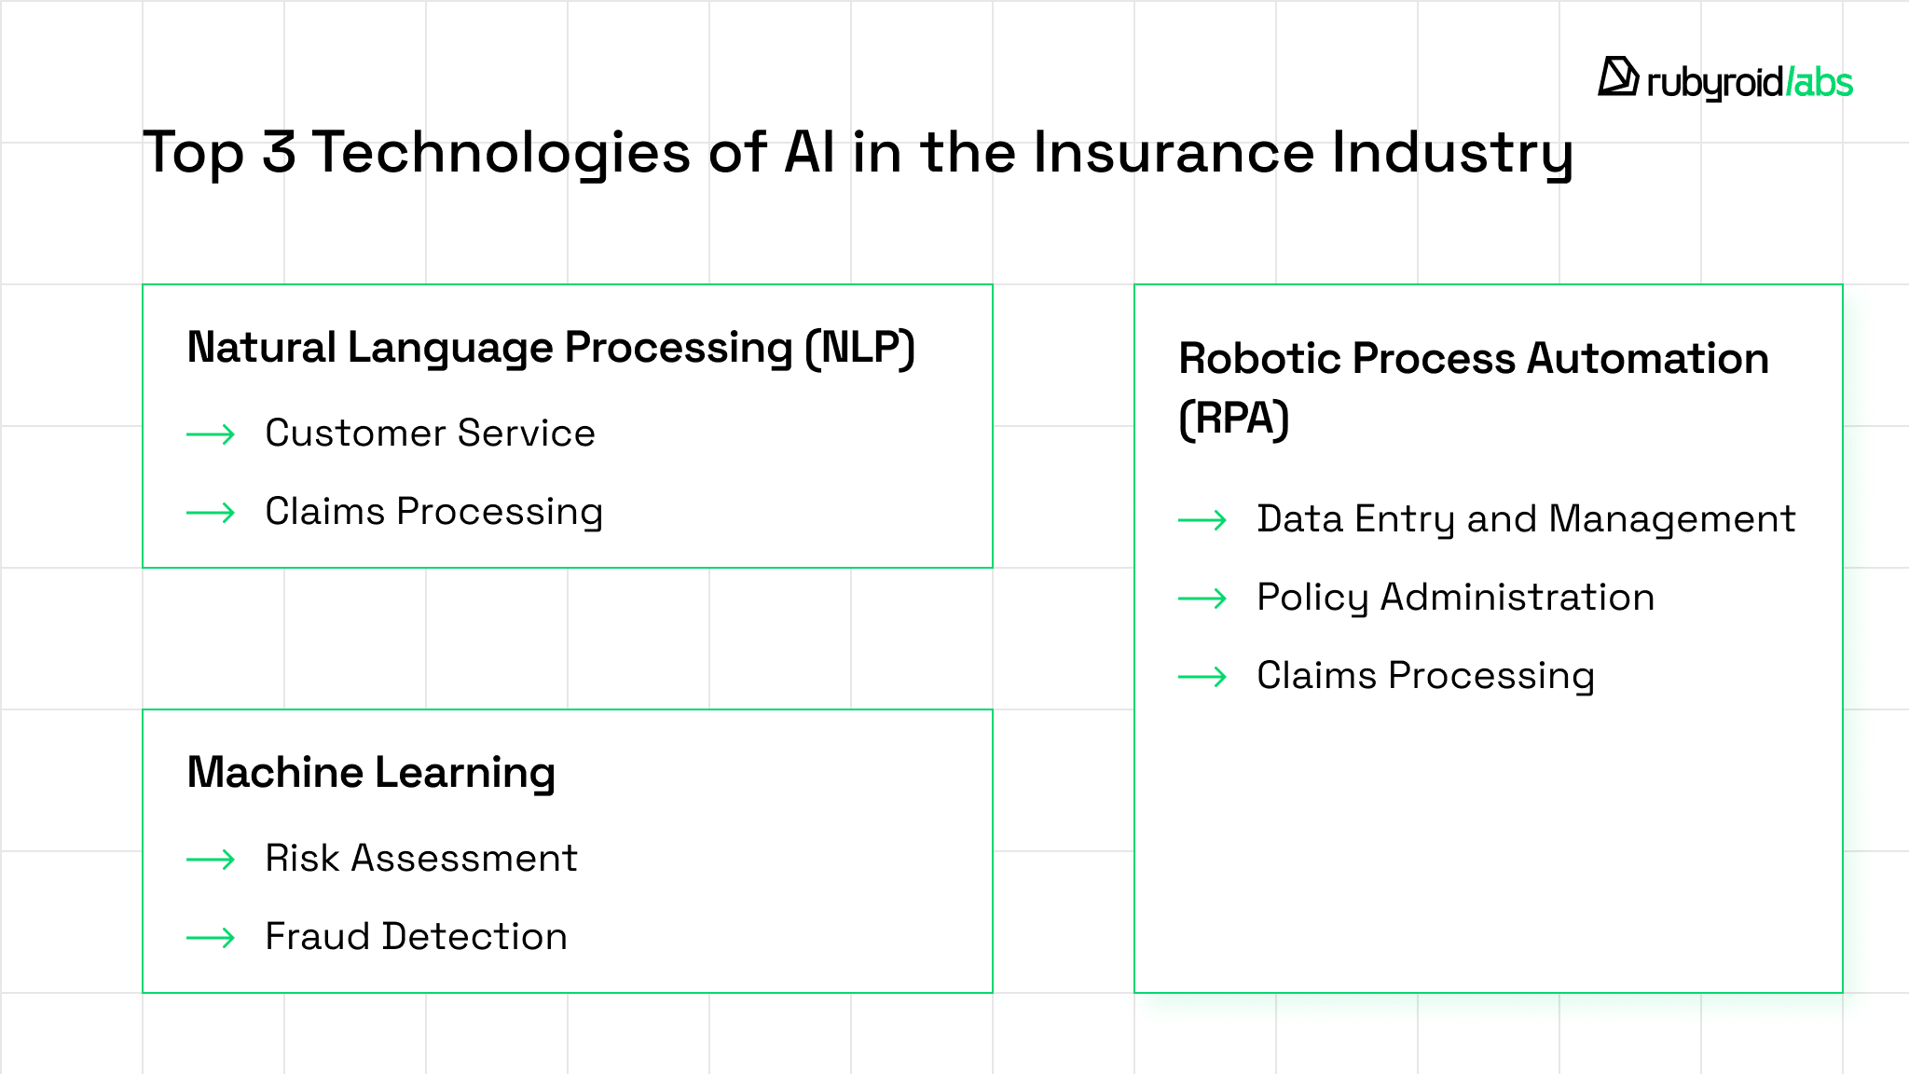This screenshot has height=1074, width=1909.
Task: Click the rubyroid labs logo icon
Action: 1618,76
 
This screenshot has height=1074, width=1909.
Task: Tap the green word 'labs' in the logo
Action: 1823,82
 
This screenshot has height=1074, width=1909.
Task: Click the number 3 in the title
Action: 279,152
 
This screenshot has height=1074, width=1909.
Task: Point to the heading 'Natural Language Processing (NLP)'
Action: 551,348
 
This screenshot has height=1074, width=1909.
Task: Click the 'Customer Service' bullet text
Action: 430,434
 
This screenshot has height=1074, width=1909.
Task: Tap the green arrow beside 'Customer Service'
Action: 211,434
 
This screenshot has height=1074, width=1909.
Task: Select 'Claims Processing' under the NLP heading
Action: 434,513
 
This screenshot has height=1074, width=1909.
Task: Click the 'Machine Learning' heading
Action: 371,773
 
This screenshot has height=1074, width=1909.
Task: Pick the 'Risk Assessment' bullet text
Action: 421,859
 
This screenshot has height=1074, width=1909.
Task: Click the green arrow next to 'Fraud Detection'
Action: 211,938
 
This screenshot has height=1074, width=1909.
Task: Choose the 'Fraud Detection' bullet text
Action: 417,937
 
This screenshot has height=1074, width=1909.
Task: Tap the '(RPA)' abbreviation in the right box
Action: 1234,419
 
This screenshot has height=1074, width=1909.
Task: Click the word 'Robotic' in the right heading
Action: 1258,359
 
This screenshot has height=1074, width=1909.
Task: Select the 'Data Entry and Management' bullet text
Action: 1526,520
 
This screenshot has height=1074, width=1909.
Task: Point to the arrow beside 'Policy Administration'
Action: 1202,599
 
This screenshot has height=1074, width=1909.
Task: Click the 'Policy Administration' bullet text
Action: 1456,599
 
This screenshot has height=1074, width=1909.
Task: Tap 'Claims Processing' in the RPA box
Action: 1426,677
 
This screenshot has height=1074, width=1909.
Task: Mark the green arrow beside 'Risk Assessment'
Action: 211,860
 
